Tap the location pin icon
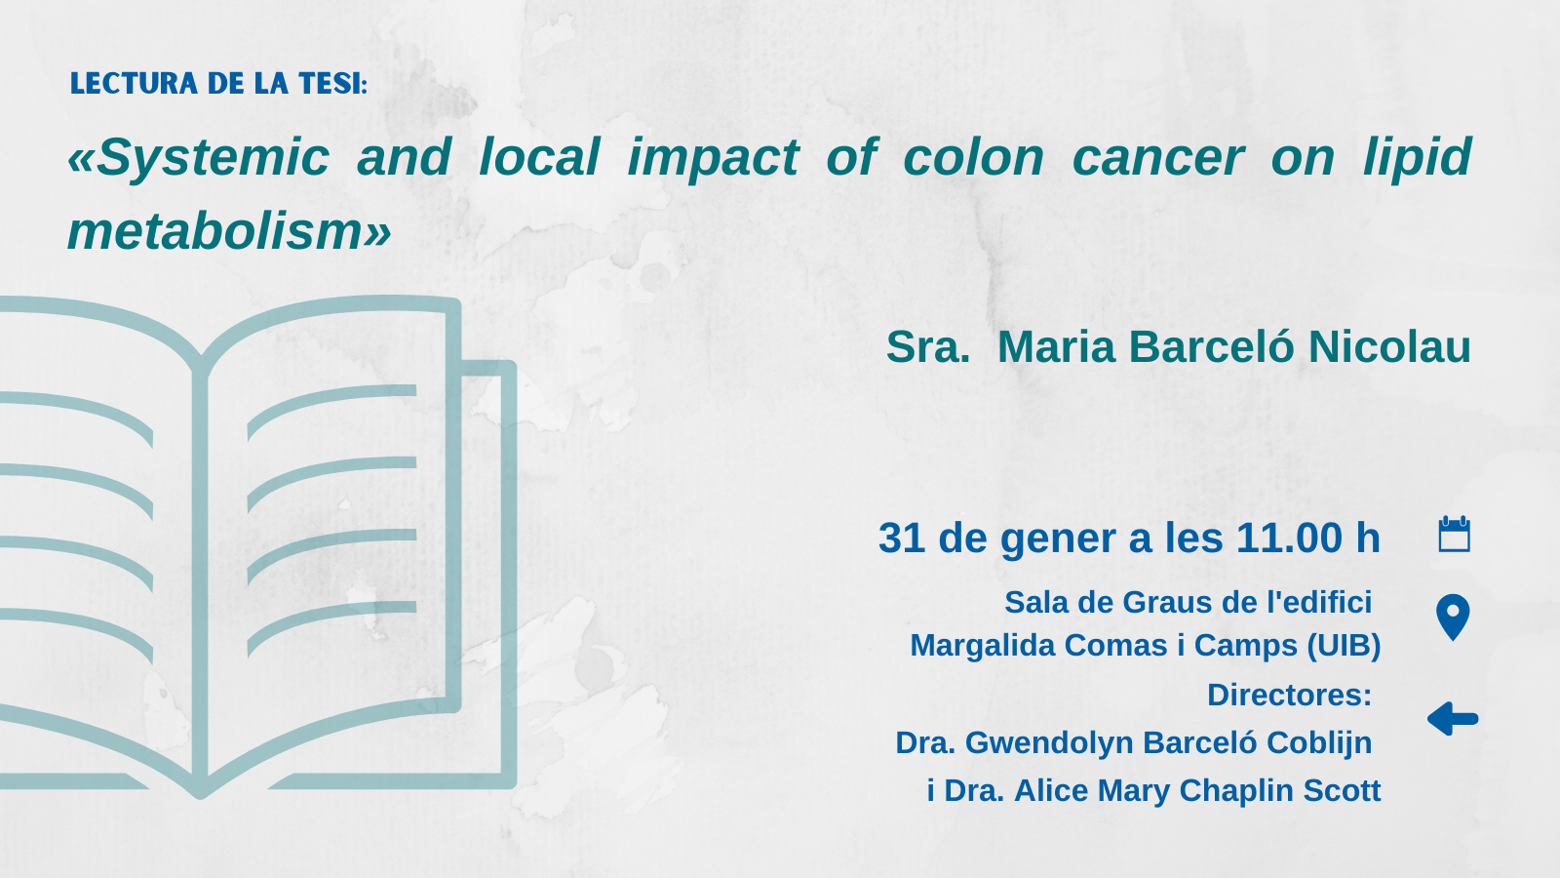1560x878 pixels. coord(1453,617)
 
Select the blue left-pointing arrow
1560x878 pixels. coord(1453,718)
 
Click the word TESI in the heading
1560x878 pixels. coord(332,83)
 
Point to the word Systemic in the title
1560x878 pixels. coord(199,157)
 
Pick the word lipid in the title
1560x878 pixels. coord(1418,157)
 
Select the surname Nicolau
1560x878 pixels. coord(1389,346)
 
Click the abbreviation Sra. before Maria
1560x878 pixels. coord(927,346)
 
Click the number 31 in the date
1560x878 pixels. coord(902,538)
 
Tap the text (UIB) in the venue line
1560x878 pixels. coord(1345,645)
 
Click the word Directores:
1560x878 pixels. coord(1290,695)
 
